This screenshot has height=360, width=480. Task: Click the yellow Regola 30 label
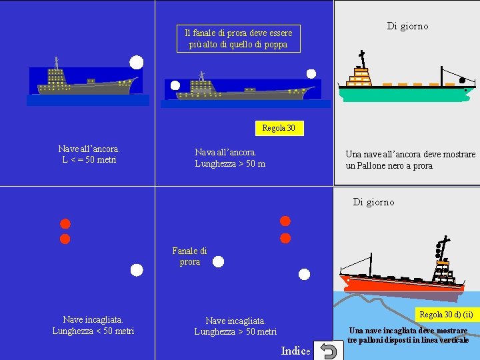[279, 128]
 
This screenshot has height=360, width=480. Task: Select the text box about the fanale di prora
[238, 39]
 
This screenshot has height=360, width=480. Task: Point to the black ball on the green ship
[463, 81]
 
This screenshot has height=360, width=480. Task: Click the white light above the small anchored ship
[136, 63]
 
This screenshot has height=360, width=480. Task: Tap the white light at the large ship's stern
[175, 85]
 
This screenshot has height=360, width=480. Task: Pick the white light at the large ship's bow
[311, 74]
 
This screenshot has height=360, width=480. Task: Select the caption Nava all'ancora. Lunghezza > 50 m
[230, 158]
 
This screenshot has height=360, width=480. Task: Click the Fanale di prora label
[189, 256]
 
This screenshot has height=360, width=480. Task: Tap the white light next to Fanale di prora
[217, 263]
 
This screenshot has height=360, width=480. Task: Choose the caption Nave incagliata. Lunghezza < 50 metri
[93, 325]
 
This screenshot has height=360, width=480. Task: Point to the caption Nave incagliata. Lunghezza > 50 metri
[235, 326]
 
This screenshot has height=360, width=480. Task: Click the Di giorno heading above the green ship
[407, 26]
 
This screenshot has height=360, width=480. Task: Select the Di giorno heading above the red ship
[373, 202]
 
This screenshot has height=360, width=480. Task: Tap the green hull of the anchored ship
[400, 94]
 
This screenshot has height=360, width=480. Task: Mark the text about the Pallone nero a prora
[410, 160]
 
